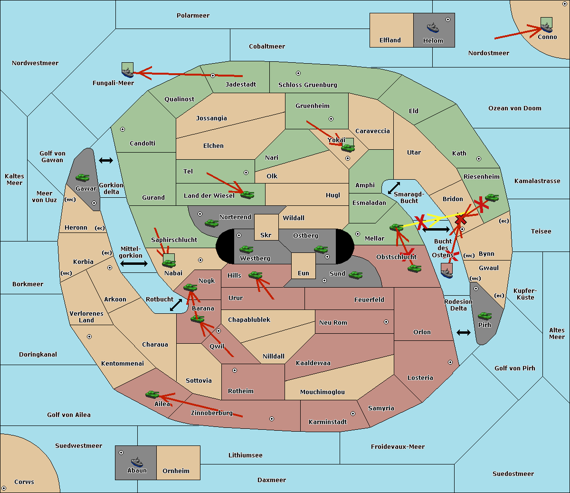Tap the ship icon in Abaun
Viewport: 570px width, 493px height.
pos(137,462)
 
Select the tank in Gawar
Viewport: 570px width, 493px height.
pos(83,177)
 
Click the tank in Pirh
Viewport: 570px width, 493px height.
pos(484,316)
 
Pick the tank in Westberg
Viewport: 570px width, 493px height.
pos(246,249)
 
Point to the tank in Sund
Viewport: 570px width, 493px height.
pos(355,275)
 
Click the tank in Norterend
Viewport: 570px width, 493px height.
pos(211,223)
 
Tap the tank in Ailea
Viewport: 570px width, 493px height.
pos(152,395)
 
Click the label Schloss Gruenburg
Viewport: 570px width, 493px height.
pos(307,85)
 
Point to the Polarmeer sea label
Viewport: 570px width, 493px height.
pos(193,16)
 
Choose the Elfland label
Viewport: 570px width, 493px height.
pos(390,40)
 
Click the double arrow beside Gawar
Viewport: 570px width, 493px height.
pos(106,160)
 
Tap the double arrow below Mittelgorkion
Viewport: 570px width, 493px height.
pos(134,264)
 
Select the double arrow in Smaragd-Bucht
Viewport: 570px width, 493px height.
pos(394,188)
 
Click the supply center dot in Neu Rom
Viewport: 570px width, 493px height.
pos(386,322)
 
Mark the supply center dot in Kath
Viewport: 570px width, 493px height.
pos(479,159)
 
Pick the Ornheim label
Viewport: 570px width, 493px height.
pos(176,471)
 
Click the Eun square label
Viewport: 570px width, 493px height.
pos(304,273)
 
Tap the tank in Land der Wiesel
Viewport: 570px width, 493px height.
pos(247,195)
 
